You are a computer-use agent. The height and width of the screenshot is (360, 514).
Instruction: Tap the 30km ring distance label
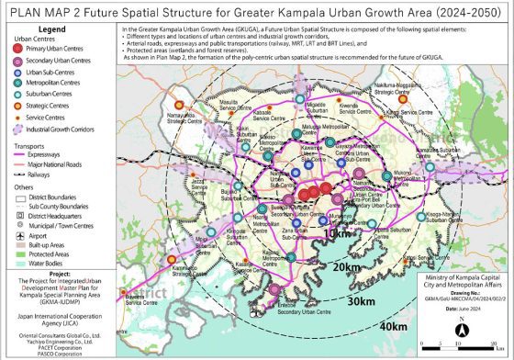[x=364, y=300]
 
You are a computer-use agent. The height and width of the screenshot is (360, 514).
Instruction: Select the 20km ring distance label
[x=346, y=267]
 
